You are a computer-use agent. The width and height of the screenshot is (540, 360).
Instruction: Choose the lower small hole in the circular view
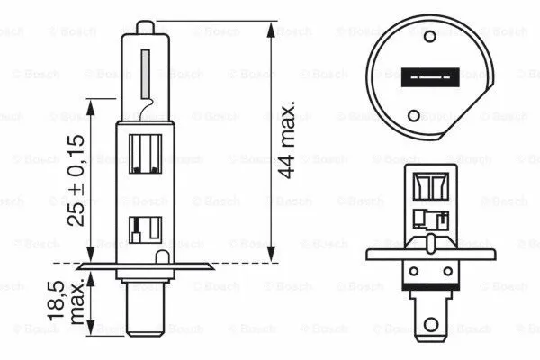(414, 114)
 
